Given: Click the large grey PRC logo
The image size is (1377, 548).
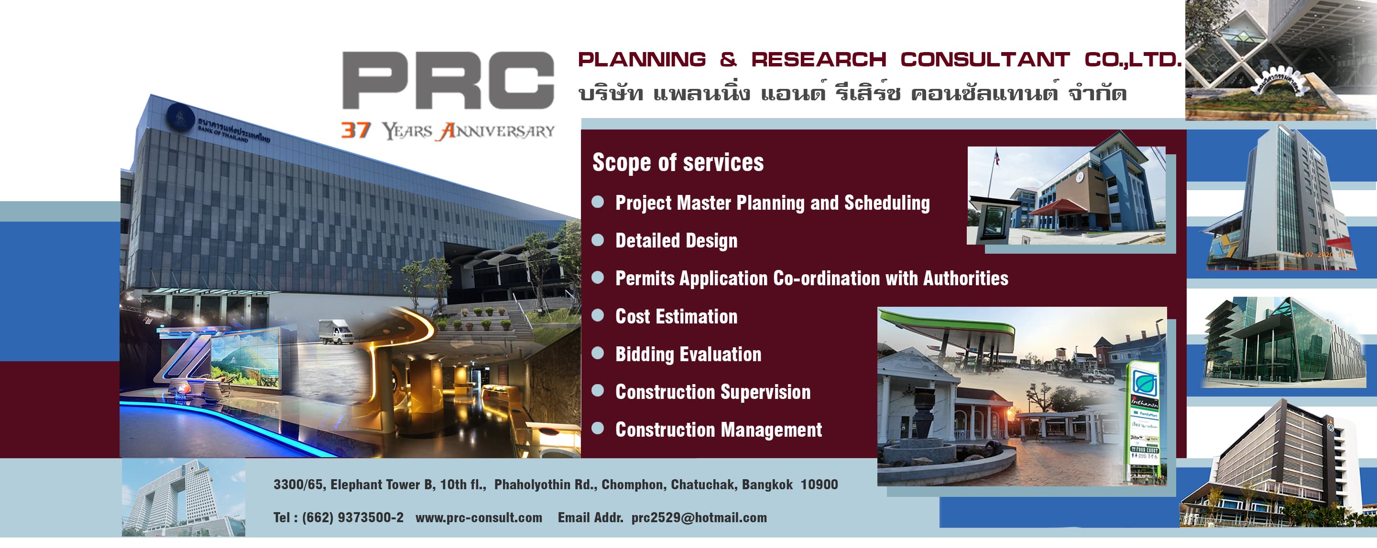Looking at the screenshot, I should tap(448, 80).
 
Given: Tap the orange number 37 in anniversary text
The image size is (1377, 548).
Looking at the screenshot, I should tap(355, 130).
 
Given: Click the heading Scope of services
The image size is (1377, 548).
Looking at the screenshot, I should tap(678, 162).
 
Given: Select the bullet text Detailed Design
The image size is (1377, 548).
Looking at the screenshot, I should tap(676, 241).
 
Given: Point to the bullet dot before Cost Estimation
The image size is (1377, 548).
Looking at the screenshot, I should tap(598, 315).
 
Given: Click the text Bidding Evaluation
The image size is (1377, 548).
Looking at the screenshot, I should tap(688, 354).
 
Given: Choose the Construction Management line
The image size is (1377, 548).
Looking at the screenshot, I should tap(719, 430).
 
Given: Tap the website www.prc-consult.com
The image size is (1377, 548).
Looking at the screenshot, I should tap(479, 517).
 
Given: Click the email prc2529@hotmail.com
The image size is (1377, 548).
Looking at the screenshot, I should tap(699, 517).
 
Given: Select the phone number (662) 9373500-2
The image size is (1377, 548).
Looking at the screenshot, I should tap(352, 517).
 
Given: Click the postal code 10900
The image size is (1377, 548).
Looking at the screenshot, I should tap(819, 484).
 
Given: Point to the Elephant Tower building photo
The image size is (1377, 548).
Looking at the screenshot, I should tap(183, 497).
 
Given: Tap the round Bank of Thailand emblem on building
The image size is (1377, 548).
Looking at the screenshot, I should tap(180, 118).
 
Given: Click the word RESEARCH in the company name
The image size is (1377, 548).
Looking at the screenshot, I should tap(819, 59).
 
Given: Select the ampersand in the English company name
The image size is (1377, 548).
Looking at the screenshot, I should tap(728, 59).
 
